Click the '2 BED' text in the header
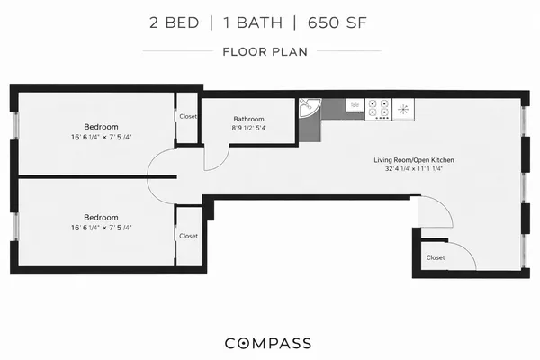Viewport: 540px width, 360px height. (x=175, y=22)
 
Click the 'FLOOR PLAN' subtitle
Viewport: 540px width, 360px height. (x=265, y=51)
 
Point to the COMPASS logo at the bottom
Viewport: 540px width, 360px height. (x=268, y=343)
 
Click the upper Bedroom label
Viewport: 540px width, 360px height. (x=101, y=127)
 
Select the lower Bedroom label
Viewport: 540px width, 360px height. (x=101, y=217)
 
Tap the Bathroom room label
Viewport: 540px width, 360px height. (x=249, y=119)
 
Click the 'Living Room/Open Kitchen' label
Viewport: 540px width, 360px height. (x=414, y=160)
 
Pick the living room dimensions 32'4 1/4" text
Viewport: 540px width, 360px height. (x=414, y=169)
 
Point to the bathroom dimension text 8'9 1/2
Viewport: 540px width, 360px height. (x=249, y=128)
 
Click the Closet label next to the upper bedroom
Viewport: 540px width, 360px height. (x=188, y=116)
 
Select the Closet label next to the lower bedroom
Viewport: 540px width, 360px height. (x=188, y=236)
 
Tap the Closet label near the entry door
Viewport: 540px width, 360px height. (x=436, y=256)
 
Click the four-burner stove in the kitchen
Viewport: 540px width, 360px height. (x=379, y=109)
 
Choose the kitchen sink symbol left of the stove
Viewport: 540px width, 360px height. (x=355, y=106)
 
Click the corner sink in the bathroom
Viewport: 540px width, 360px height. (x=310, y=109)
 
